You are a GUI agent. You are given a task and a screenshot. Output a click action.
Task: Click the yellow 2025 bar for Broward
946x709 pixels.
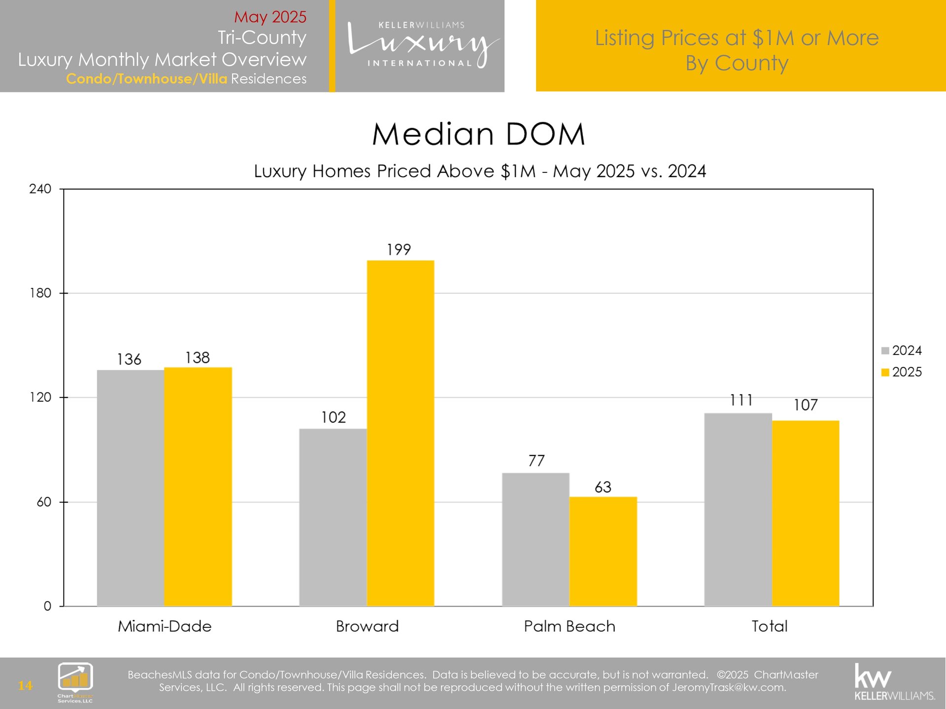pos(400,433)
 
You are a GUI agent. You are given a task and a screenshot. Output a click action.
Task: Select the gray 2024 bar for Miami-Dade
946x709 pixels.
pos(131,487)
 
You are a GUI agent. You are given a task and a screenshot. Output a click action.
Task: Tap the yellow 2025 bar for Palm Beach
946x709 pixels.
pos(603,551)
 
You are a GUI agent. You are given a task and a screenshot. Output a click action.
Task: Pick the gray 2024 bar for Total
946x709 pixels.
pos(738,510)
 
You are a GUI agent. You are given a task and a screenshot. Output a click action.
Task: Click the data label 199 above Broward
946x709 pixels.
pos(399,250)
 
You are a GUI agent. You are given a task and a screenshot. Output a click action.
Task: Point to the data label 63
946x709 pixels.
pos(603,487)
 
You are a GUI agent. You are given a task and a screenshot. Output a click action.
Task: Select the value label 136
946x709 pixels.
pos(129,359)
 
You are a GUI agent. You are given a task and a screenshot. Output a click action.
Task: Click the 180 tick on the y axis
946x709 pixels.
pos(40,293)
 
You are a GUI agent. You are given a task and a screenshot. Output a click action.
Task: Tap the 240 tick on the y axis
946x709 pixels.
pos(40,189)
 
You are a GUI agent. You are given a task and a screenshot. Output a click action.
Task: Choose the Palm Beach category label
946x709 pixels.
pos(570,626)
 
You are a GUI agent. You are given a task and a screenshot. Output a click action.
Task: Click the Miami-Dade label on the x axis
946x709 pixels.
pos(165,626)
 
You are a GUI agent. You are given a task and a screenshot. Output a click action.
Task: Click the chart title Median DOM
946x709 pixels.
pos(478,134)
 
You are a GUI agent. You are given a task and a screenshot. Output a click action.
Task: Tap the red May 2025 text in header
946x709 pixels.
pos(270,17)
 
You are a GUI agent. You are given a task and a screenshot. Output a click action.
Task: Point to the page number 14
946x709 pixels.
pos(25,685)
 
